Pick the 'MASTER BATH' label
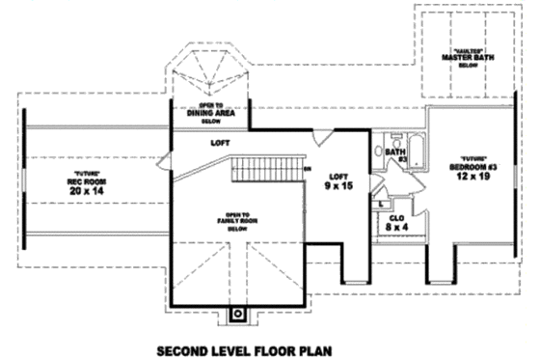pos(461,57)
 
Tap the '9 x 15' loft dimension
pos(337,185)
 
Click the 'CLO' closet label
pos(395,218)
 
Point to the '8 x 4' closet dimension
pos(395,229)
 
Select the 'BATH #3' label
pos(395,154)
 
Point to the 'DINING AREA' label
pos(211,113)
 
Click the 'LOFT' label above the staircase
pos(220,143)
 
